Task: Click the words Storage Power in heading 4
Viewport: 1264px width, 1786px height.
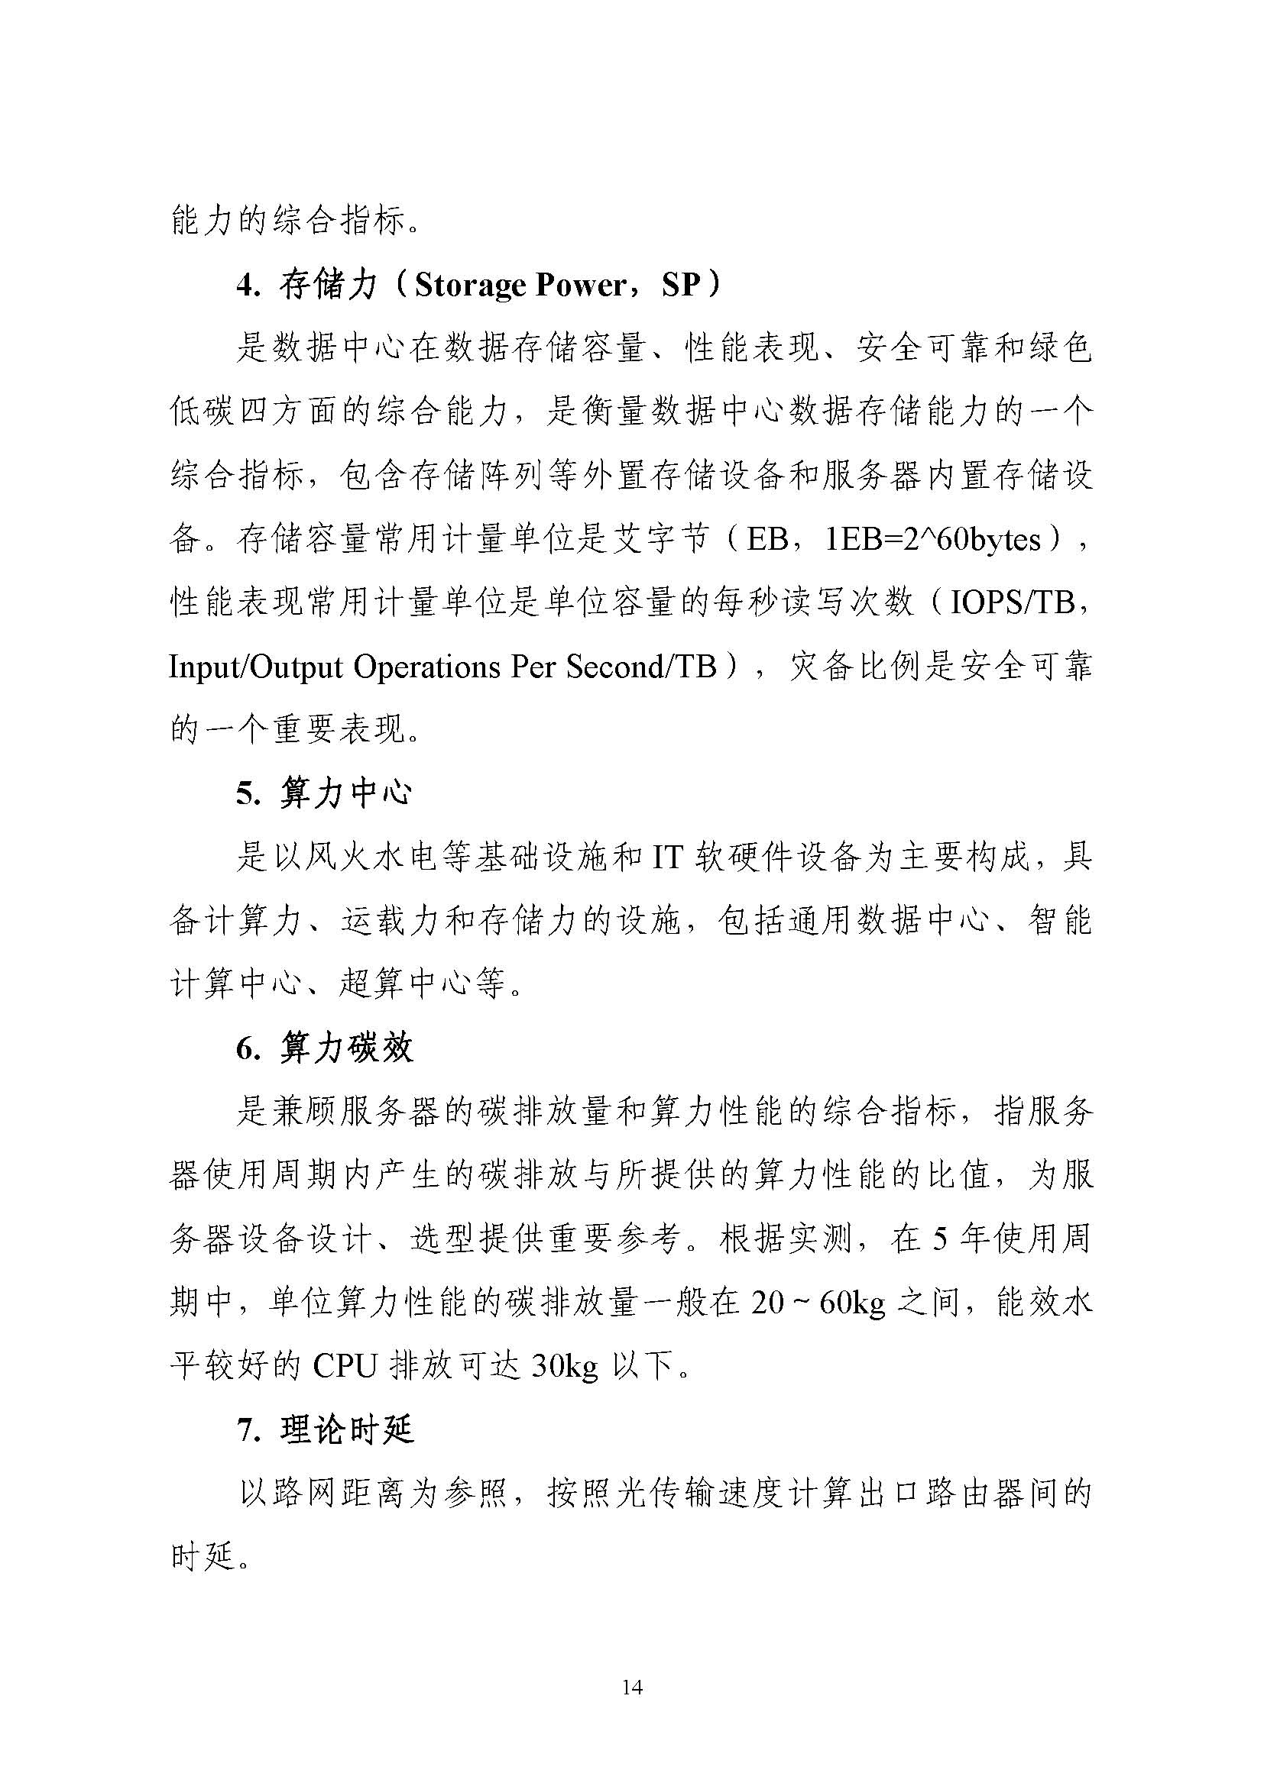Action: [x=520, y=286]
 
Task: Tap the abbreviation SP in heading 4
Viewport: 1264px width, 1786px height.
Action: [x=681, y=286]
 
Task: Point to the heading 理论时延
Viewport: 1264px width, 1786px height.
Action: [x=346, y=1430]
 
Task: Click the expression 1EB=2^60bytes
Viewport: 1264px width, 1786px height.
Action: [x=932, y=540]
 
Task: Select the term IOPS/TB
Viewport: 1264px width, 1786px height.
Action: [x=1012, y=603]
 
